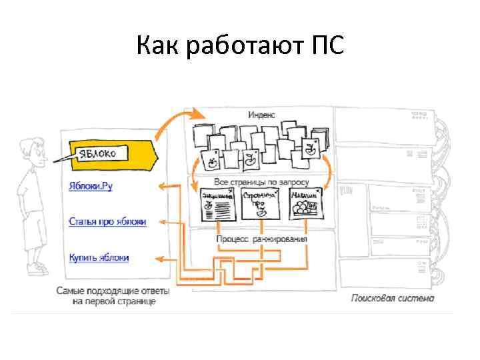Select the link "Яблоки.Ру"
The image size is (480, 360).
(x=91, y=186)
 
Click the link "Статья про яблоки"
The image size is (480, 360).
(x=107, y=221)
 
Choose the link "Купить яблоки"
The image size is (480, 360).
(x=99, y=257)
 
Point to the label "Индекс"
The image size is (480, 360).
(x=261, y=115)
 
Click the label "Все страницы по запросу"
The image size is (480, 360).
(x=261, y=181)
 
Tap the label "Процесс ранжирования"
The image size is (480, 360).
(x=262, y=239)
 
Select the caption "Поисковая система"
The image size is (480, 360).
(x=392, y=298)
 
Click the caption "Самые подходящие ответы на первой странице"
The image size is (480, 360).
(x=113, y=296)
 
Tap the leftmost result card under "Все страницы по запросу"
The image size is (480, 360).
(x=217, y=203)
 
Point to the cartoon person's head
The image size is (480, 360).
(x=32, y=152)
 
